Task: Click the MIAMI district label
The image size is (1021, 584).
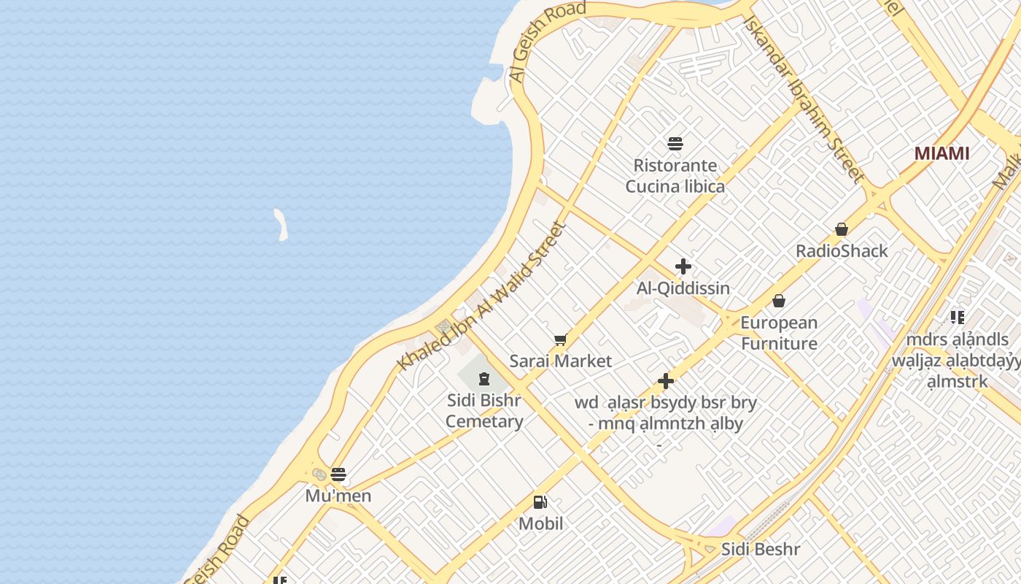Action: click(942, 153)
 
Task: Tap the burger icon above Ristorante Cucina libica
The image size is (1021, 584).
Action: click(675, 143)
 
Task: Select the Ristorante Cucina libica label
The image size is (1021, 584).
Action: click(675, 176)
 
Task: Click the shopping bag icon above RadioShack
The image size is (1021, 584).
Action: click(842, 229)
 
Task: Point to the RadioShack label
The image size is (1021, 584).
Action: click(842, 251)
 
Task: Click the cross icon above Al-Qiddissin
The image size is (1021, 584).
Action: click(683, 266)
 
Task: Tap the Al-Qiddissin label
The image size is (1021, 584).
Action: click(683, 288)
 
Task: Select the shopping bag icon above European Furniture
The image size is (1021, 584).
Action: click(779, 301)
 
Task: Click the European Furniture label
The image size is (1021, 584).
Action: click(779, 333)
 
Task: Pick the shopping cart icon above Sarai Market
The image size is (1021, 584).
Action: click(560, 339)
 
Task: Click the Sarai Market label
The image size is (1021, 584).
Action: click(560, 361)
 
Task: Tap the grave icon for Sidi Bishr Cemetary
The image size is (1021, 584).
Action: click(484, 378)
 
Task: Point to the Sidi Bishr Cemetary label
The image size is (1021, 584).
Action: click(484, 411)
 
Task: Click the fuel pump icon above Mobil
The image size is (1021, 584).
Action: click(540, 502)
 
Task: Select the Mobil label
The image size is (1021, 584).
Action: click(540, 523)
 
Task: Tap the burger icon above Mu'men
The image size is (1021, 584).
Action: click(338, 474)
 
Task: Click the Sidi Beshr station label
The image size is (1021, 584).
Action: click(760, 550)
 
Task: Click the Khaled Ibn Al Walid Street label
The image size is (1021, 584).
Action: click(482, 296)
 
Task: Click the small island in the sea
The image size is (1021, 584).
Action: click(281, 224)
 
